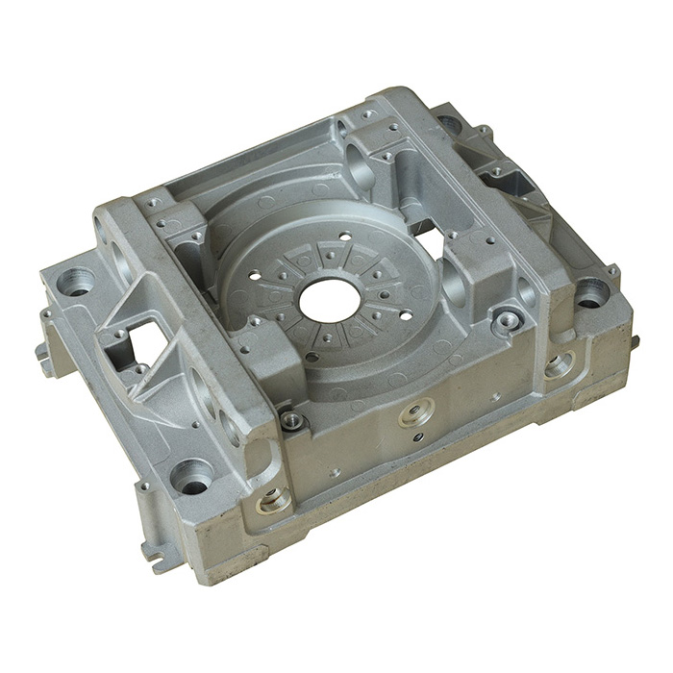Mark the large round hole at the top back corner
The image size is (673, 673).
coord(448,124)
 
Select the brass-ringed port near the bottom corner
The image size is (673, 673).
coord(273,498)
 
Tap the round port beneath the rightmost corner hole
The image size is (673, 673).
coord(560,364)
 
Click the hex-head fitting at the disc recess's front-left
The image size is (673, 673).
coord(292,419)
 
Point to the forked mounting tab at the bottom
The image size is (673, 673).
coord(156,554)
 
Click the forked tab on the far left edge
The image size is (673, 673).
coord(44,351)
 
